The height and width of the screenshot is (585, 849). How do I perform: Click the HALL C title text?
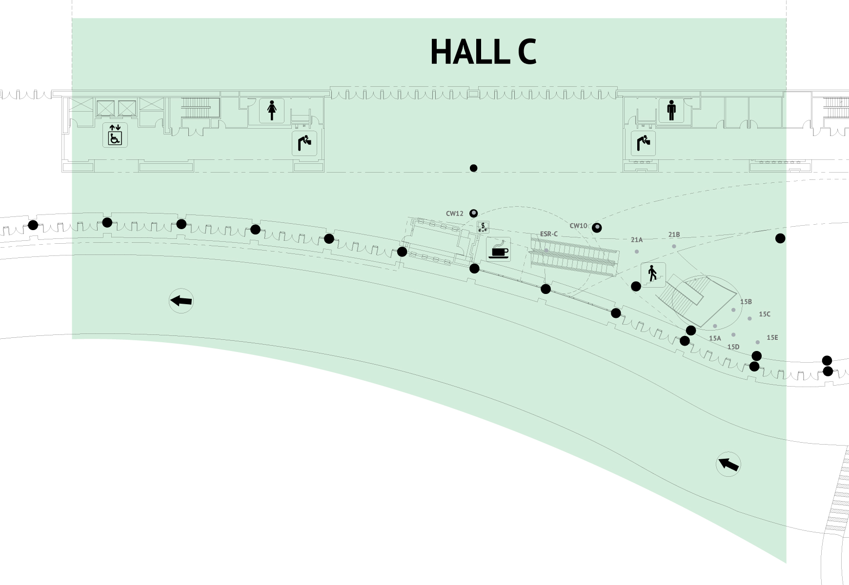click(x=483, y=52)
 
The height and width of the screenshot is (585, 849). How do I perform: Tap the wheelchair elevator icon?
click(x=115, y=135)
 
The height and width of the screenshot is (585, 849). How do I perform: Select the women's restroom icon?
click(x=272, y=110)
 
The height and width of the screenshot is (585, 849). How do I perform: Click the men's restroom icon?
click(x=671, y=110)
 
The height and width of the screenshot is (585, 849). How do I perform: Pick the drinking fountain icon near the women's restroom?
click(x=304, y=143)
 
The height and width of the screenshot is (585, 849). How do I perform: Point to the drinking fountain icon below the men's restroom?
click(x=643, y=143)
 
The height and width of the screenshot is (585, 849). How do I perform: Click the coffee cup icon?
click(x=499, y=249)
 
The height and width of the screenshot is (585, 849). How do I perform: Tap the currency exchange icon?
click(x=483, y=227)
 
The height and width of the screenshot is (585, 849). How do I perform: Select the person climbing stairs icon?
click(x=653, y=274)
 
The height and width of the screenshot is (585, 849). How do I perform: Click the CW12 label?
click(x=454, y=214)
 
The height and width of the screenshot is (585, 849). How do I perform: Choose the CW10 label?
click(x=578, y=226)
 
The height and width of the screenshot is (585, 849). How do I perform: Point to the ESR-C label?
click(x=548, y=234)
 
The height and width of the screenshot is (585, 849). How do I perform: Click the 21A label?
click(x=637, y=240)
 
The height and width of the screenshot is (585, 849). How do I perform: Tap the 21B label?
click(x=674, y=234)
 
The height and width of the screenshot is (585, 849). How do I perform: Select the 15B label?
click(x=746, y=302)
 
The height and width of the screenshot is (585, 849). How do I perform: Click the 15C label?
click(x=764, y=314)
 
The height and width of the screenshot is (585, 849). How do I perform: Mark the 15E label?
click(x=772, y=337)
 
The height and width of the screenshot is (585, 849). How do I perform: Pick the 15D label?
click(x=733, y=347)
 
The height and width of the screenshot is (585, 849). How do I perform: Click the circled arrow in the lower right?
click(x=728, y=464)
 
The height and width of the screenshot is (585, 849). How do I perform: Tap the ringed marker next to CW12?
click(x=473, y=213)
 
